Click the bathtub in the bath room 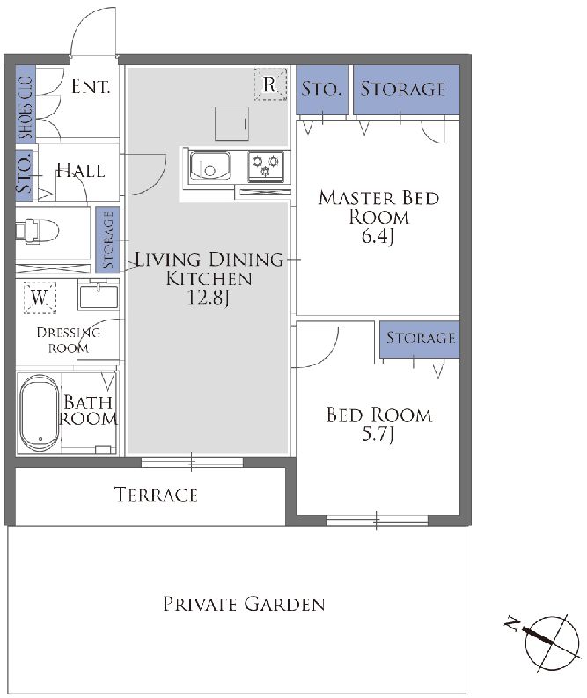[x=40, y=414]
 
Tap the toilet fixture [x=37, y=231]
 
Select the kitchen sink [x=209, y=166]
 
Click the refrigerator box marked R [x=270, y=84]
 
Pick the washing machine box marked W [x=40, y=297]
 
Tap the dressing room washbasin [x=99, y=294]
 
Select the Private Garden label [x=244, y=604]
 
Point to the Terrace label [x=156, y=495]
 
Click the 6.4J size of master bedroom [x=378, y=236]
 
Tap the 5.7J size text [x=378, y=434]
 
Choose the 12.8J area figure [x=209, y=298]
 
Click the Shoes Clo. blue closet [x=26, y=103]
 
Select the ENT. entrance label [x=91, y=87]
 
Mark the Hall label [x=81, y=171]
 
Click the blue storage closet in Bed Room [x=419, y=339]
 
